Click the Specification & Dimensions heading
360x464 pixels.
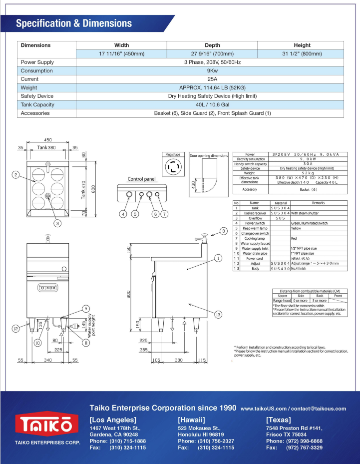[74, 23]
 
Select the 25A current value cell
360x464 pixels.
[210, 79]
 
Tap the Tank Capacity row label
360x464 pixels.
[38, 104]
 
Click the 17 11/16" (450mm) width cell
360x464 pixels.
[121, 53]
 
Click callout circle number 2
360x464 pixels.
[16, 174]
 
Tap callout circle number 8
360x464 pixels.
[223, 231]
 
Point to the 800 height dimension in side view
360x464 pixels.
[129, 295]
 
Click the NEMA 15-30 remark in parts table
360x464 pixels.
[300, 258]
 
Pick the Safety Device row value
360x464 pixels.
[210, 96]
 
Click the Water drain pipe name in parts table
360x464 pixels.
[255, 253]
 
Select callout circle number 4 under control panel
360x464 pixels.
[122, 214]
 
